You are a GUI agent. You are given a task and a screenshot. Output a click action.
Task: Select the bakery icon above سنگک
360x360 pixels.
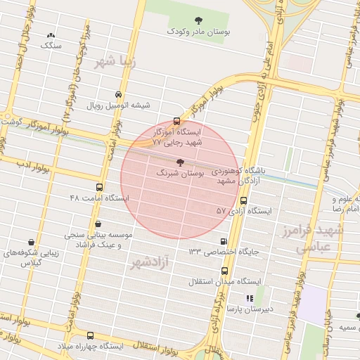click(x=51, y=34)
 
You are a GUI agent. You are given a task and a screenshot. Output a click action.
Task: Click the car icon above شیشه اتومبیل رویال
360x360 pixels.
click(x=117, y=94)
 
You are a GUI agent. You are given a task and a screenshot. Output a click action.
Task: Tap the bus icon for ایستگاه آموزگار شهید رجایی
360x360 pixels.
click(x=176, y=120)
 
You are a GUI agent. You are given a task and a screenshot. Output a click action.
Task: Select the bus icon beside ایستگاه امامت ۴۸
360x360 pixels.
click(x=99, y=188)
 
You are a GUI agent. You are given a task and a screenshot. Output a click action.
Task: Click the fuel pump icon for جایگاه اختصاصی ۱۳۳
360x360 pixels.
click(x=224, y=240)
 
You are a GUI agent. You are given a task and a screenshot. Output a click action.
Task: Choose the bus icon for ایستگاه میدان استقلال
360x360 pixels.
click(x=224, y=271)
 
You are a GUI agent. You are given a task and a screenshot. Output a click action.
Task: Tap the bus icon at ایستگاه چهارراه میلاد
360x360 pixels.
click(x=89, y=336)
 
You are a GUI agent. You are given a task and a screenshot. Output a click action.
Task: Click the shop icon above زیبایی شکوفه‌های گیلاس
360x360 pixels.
click(x=30, y=240)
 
